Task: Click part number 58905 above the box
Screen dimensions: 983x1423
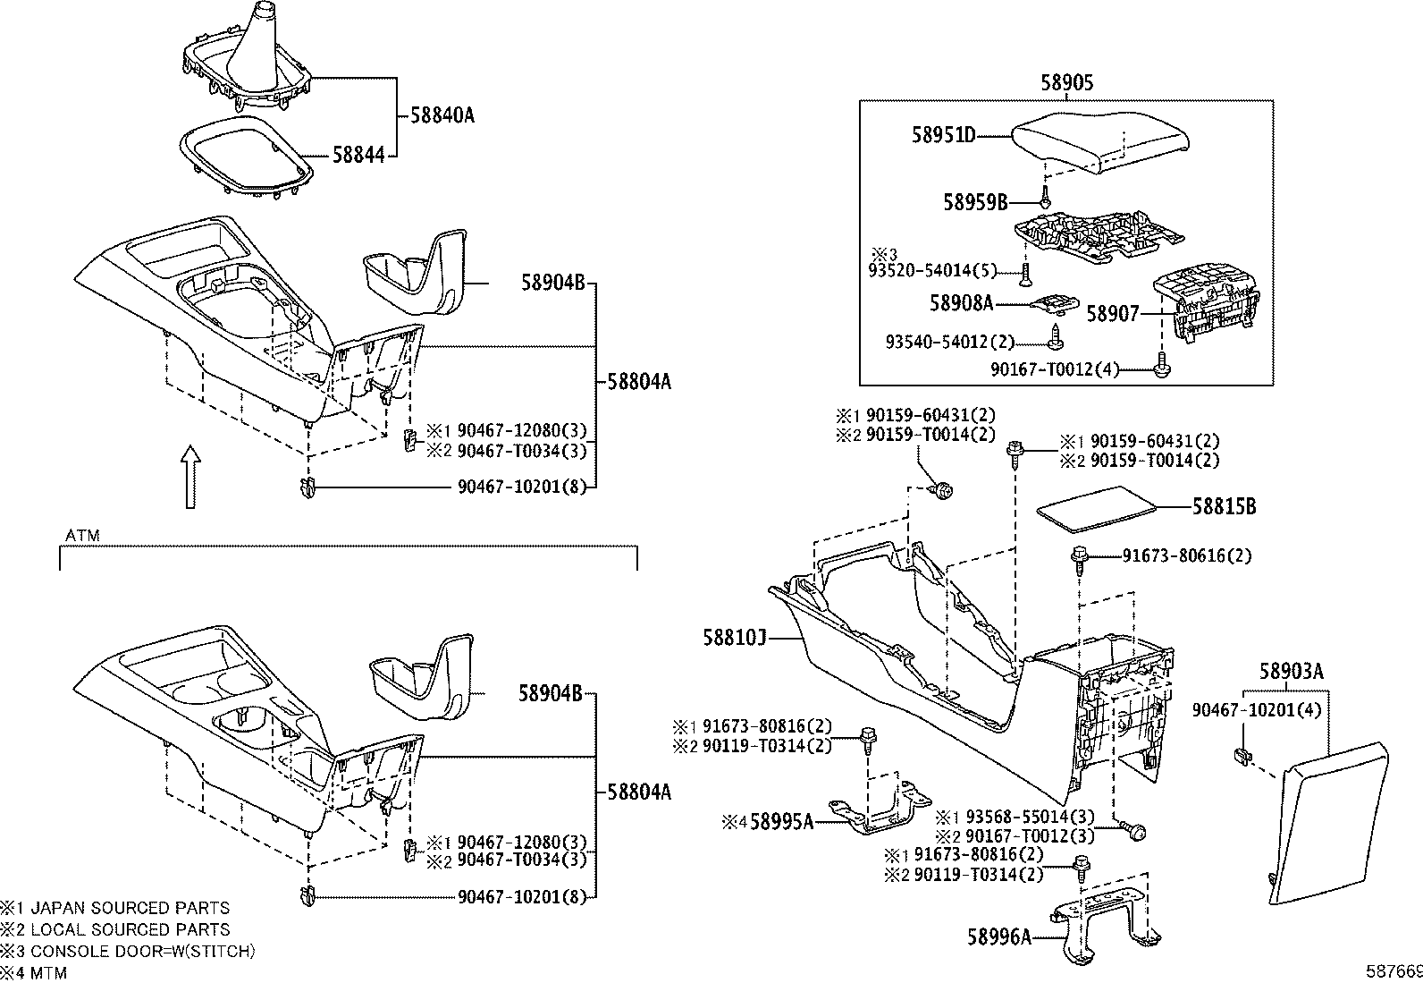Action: point(1066,83)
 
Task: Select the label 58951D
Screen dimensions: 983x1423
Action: point(943,136)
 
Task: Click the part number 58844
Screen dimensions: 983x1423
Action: point(358,155)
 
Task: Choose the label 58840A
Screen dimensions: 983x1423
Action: point(442,114)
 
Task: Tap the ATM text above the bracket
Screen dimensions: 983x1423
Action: point(83,536)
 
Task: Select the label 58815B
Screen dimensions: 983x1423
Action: point(1224,506)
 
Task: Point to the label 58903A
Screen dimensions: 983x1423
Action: point(1292,671)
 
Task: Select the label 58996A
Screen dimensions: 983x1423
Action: point(998,936)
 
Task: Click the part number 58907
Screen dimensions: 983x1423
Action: point(1113,314)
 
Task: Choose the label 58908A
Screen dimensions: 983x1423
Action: point(961,303)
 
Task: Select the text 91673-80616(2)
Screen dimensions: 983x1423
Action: point(1187,555)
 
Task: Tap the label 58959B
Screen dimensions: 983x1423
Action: point(975,202)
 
